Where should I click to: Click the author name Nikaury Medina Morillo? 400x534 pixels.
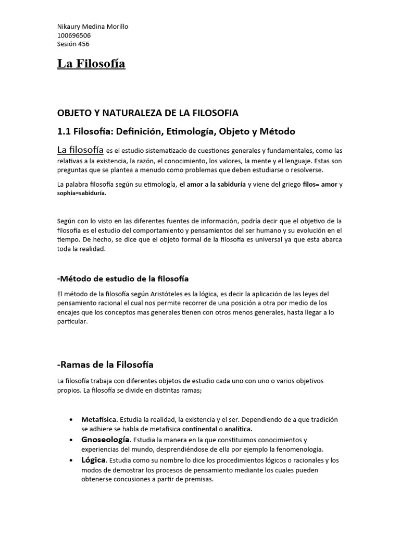tap(92, 27)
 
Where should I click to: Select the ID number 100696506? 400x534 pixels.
tap(74, 35)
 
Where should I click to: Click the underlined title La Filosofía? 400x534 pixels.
tap(91, 64)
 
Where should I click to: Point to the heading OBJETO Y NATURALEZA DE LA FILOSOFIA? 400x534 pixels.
tap(147, 113)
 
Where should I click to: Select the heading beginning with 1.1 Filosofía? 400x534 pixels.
tap(169, 131)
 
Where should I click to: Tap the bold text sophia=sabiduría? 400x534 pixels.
tap(81, 193)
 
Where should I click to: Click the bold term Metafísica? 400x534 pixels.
tap(100, 419)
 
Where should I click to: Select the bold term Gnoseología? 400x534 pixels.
tap(105, 440)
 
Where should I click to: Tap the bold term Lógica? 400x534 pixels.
tap(94, 459)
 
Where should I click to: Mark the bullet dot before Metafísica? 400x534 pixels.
tap(70, 420)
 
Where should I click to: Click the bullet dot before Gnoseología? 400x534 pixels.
tap(70, 440)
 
